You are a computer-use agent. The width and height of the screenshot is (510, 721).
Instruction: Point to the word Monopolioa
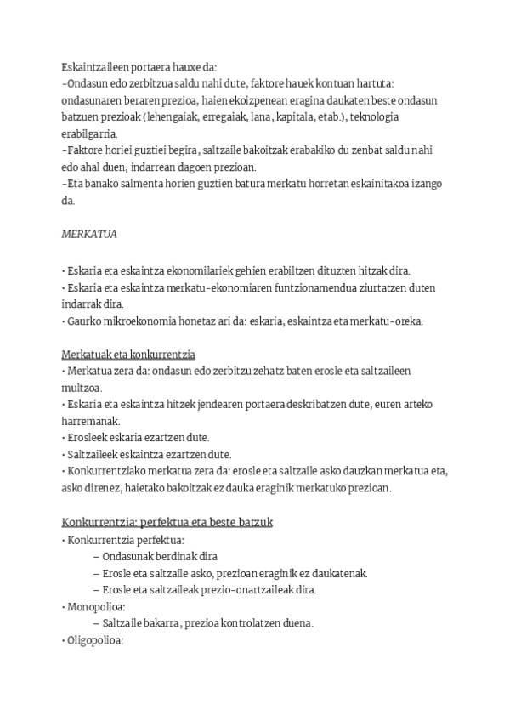tap(95, 606)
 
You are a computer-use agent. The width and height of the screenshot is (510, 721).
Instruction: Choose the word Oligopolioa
tap(95, 639)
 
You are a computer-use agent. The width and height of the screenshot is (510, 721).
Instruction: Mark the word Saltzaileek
tap(93, 454)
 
